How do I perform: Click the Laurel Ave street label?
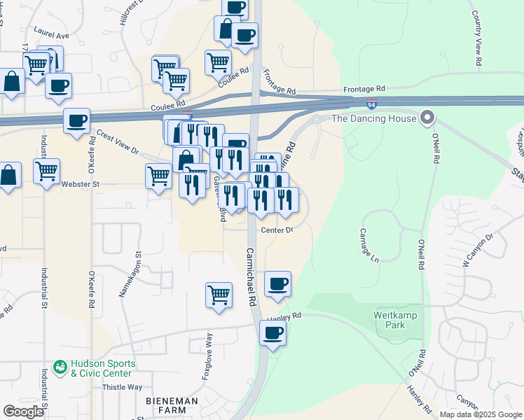click(51, 34)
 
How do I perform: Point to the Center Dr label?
click(276, 230)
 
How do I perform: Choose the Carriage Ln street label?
click(369, 245)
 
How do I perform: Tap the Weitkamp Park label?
click(396, 321)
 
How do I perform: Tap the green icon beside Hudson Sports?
click(62, 365)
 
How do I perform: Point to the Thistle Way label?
click(122, 387)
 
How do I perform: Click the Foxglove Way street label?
click(208, 356)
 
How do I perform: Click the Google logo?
click(23, 412)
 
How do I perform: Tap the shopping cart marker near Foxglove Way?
click(219, 295)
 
